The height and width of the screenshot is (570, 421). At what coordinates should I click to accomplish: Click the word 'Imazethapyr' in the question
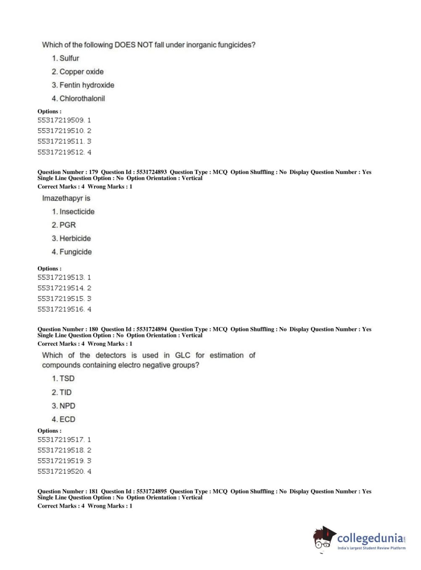coord(62,198)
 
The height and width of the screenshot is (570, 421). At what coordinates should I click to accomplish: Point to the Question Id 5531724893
coord(151,172)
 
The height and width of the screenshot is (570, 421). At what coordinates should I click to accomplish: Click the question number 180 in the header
coord(93,329)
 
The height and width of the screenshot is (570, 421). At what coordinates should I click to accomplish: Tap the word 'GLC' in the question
coord(183,356)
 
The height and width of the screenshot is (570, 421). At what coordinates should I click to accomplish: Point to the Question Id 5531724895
coord(151,491)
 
